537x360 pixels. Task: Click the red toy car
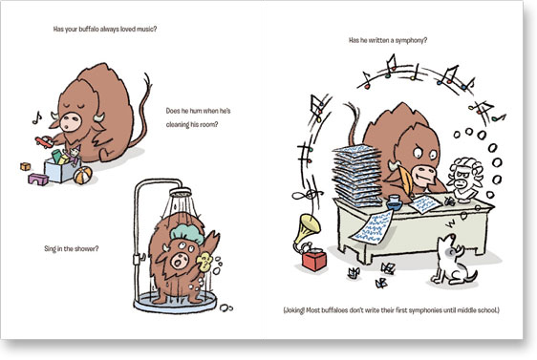click(x=44, y=142)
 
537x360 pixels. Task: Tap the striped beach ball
click(x=82, y=175)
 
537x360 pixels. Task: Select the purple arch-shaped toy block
click(x=38, y=180)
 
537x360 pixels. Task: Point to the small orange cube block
click(x=26, y=167)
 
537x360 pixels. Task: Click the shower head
click(x=181, y=193)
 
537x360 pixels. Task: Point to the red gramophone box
click(x=314, y=260)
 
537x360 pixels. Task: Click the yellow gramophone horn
click(x=308, y=227)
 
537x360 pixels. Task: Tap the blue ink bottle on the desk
click(x=395, y=202)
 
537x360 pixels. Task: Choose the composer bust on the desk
click(x=465, y=180)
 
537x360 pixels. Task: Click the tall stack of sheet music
click(x=357, y=176)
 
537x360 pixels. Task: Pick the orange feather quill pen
click(x=406, y=181)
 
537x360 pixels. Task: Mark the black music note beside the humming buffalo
click(x=36, y=117)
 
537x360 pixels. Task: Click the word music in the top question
click(x=146, y=29)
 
